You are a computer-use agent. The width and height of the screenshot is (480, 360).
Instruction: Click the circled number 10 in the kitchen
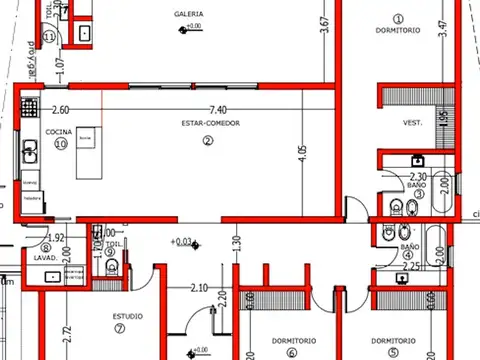(x=60, y=143)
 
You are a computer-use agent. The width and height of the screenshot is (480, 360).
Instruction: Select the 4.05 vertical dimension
(x=303, y=154)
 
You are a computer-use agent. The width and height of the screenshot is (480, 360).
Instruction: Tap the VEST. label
(x=412, y=123)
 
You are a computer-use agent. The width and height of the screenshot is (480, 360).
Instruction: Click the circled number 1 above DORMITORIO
(x=397, y=18)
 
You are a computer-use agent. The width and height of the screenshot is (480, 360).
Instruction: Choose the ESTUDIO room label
(x=128, y=317)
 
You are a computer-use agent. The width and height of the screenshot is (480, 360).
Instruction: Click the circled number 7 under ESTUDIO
(x=119, y=328)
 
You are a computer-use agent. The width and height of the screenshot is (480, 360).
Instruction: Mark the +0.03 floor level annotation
(x=181, y=241)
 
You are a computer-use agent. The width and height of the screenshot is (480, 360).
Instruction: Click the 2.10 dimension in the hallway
(x=198, y=288)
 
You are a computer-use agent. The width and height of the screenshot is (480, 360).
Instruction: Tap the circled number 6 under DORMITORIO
(x=292, y=351)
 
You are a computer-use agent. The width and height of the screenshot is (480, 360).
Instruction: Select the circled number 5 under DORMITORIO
(x=394, y=351)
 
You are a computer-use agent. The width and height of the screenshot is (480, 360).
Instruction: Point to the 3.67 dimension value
(x=323, y=24)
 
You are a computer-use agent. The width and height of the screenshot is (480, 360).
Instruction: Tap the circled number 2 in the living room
(x=208, y=140)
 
